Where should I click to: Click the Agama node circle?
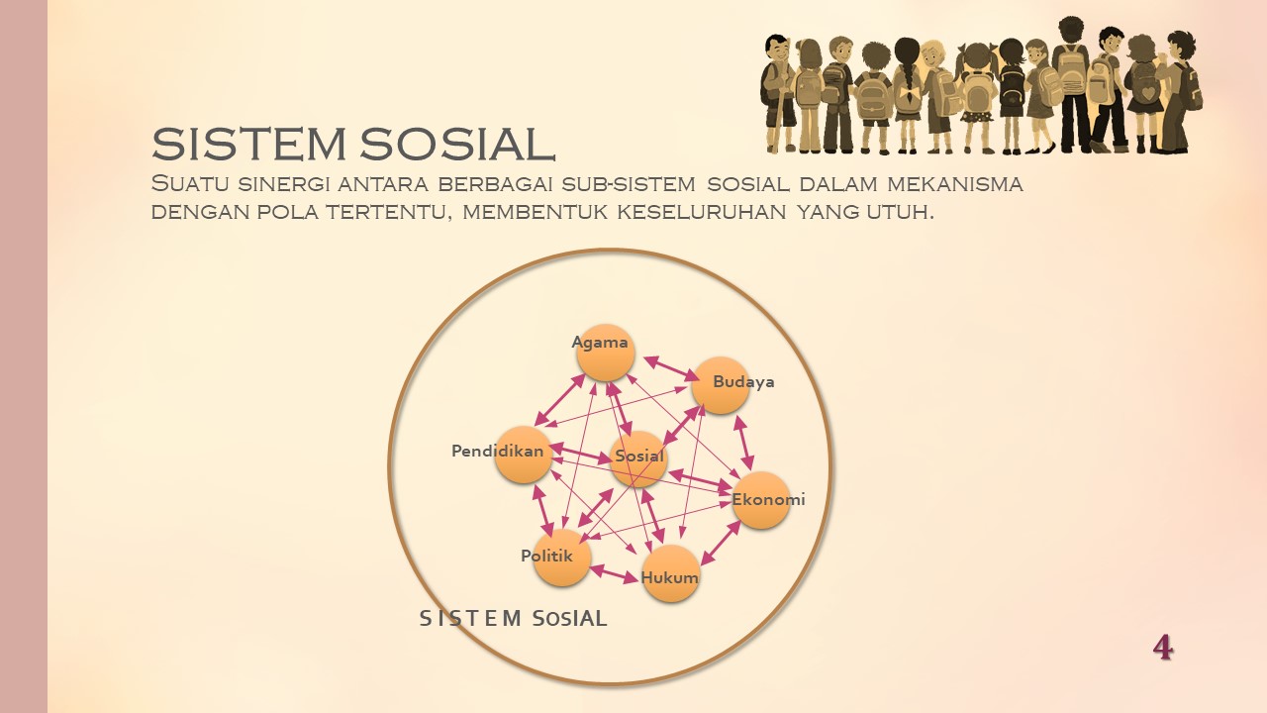(605, 353)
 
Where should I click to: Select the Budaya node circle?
(720, 385)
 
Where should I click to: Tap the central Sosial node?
(638, 458)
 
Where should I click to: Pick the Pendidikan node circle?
(523, 456)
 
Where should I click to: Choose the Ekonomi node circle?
(760, 500)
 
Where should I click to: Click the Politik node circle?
(561, 557)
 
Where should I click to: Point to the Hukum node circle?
(671, 573)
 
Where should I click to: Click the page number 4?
(1163, 648)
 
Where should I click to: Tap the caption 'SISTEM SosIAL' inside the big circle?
(513, 619)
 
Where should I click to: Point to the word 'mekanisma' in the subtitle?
(954, 184)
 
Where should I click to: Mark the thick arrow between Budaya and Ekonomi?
(743, 442)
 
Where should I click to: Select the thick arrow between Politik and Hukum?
(614, 572)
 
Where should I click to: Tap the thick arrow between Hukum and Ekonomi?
(721, 543)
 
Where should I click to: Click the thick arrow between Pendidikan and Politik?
(542, 509)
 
